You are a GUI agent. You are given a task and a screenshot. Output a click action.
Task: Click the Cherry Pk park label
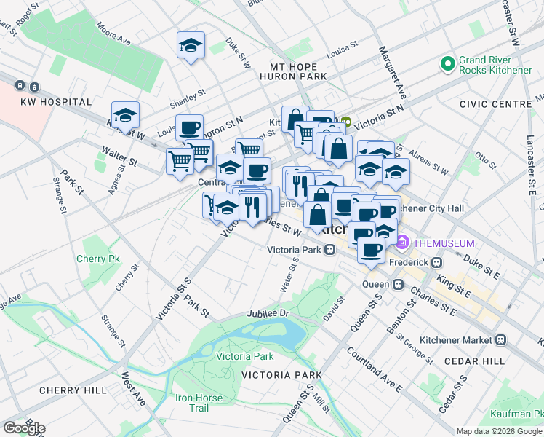[98, 259]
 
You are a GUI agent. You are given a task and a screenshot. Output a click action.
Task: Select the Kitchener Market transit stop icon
[501, 339]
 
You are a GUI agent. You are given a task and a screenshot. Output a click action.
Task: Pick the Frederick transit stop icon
[437, 262]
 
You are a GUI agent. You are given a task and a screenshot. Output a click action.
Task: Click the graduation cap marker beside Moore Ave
[191, 45]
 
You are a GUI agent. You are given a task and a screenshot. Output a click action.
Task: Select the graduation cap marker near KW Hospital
[125, 115]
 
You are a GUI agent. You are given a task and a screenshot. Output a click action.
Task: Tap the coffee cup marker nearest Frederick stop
[371, 250]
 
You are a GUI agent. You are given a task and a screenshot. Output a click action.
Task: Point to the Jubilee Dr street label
[269, 312]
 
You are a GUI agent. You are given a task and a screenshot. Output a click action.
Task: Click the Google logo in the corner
[25, 428]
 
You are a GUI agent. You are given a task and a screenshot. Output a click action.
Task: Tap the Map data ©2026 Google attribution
[499, 431]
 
